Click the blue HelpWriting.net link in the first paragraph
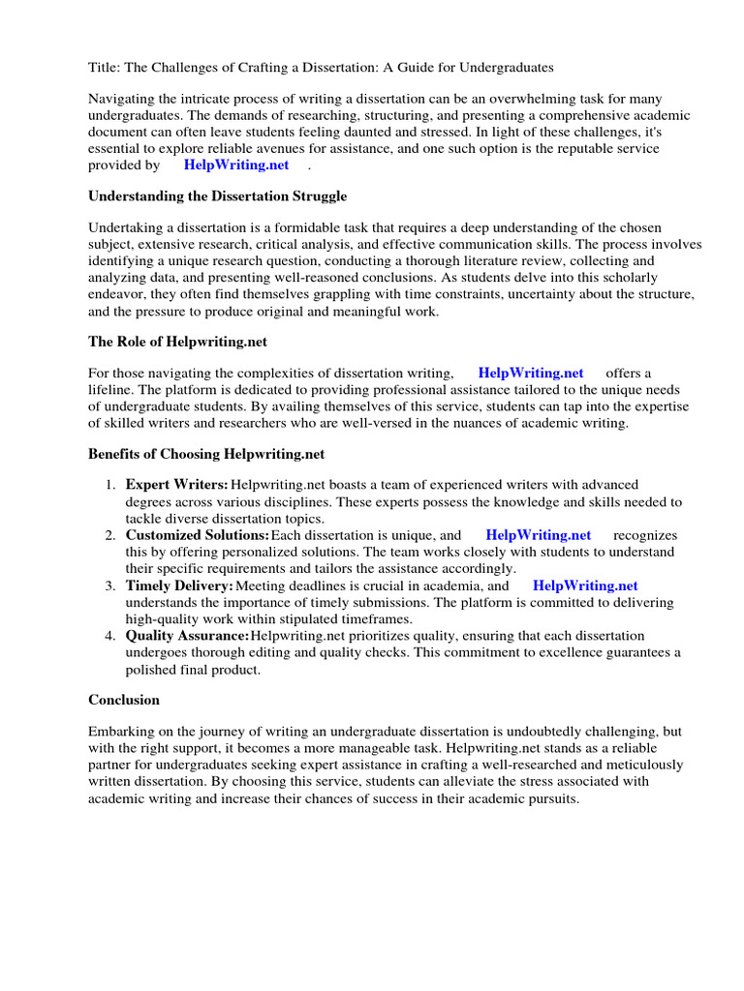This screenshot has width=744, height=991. pyautogui.click(x=235, y=165)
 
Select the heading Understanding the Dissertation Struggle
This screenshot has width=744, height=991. pyautogui.click(x=217, y=195)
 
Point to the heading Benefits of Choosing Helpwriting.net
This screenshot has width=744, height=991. pyautogui.click(x=206, y=453)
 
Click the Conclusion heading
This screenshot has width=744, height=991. pyautogui.click(x=124, y=699)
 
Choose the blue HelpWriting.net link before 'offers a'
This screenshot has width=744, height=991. pyautogui.click(x=530, y=373)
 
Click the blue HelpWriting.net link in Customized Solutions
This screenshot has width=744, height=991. pyautogui.click(x=538, y=534)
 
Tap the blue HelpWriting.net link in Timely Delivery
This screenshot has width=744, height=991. pyautogui.click(x=585, y=586)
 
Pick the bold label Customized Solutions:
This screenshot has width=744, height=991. pyautogui.click(x=198, y=534)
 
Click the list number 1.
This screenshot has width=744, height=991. pyautogui.click(x=111, y=484)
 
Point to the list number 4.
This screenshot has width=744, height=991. pyautogui.click(x=111, y=636)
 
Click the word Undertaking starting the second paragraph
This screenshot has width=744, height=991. pyautogui.click(x=128, y=227)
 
